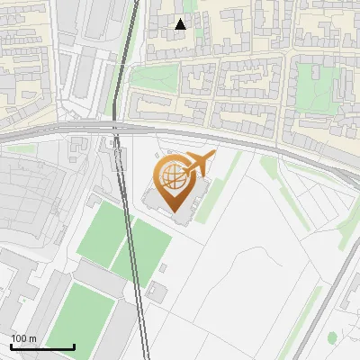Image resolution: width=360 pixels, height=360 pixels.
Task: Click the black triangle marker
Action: (x=181, y=24)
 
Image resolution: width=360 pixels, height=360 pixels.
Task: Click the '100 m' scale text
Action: (x=23, y=338)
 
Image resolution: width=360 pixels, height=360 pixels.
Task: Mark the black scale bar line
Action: (x=42, y=346)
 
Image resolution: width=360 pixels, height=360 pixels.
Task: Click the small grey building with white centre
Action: (x=157, y=291)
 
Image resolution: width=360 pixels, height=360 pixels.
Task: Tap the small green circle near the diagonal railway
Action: (x=332, y=338)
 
